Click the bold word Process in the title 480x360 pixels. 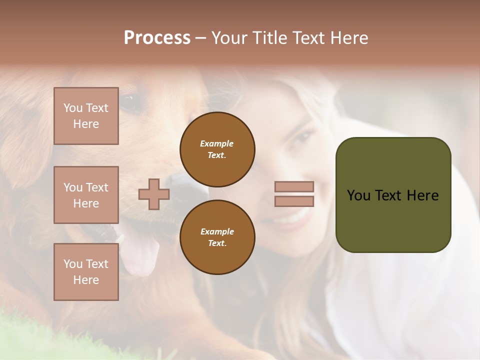(157, 38)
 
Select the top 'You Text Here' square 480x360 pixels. (86, 116)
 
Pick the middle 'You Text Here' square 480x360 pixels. (86, 195)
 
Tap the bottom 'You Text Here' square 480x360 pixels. (86, 272)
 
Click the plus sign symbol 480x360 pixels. (153, 194)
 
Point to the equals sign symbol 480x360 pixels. (294, 194)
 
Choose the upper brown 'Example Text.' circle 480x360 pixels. (217, 149)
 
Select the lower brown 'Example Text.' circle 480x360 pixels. (217, 237)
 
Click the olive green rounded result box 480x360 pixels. (393, 195)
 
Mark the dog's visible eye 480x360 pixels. (129, 103)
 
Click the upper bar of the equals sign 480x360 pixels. (294, 186)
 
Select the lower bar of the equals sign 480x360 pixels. (294, 201)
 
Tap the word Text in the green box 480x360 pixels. (392, 195)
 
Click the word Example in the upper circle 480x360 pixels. (217, 143)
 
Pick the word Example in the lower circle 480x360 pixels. (217, 231)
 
